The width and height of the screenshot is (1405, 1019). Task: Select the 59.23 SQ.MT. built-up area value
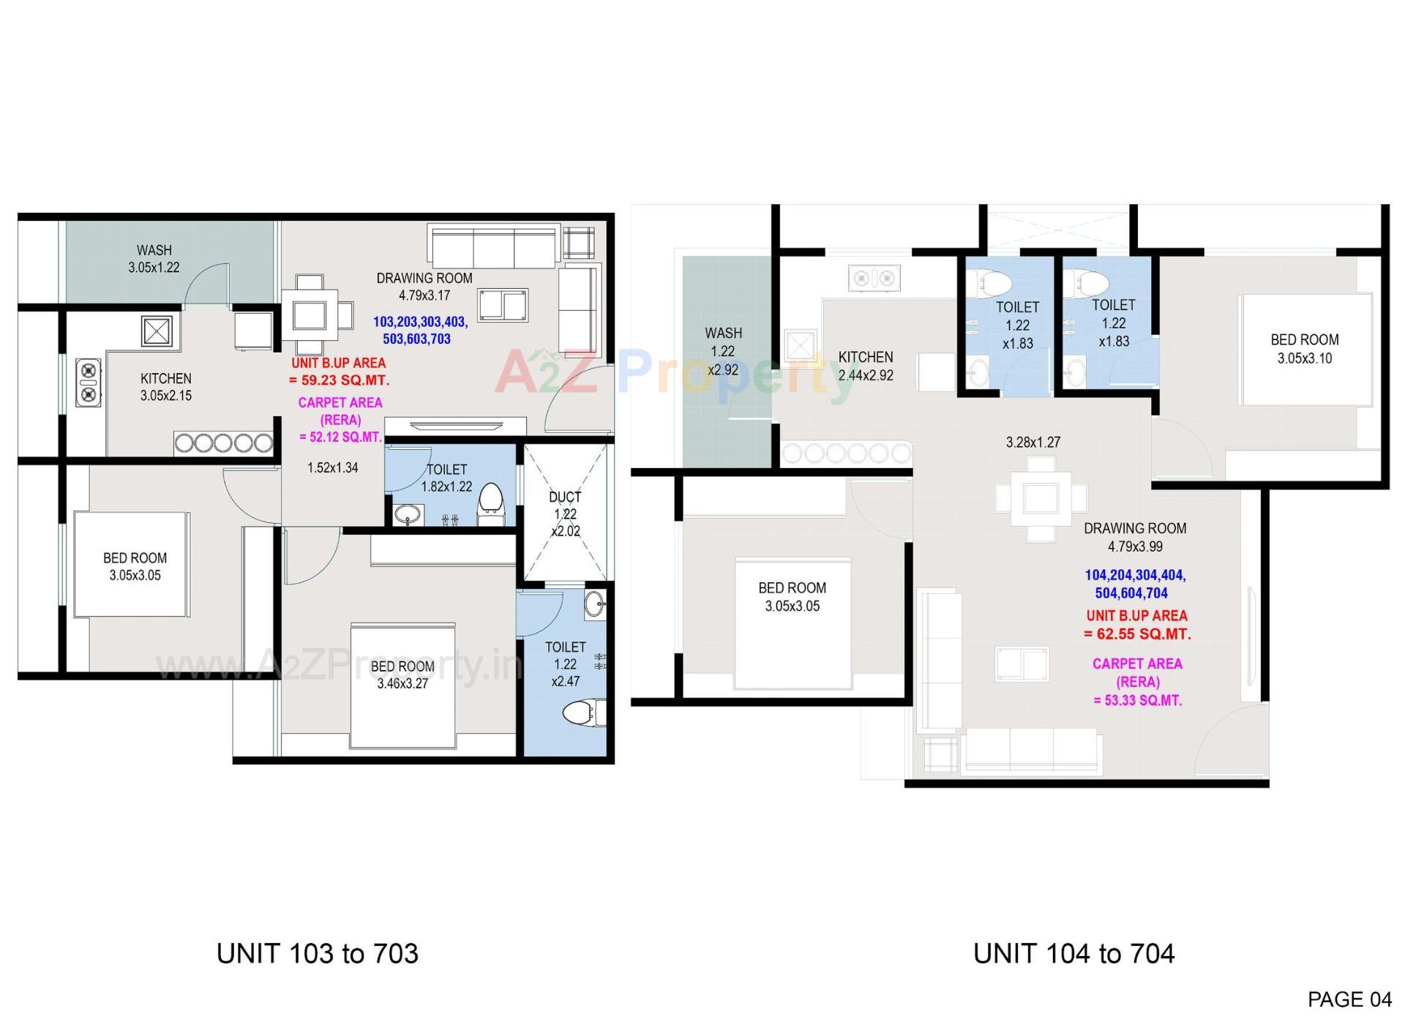pos(340,380)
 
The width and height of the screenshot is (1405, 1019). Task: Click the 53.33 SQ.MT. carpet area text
pos(1138,700)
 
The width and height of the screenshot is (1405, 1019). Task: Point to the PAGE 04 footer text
pos(1349,999)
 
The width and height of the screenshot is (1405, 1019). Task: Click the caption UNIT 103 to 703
pos(318,954)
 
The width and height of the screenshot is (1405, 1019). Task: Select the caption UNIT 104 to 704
pos(1074,954)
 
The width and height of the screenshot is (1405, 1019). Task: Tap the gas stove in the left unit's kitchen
pos(89,383)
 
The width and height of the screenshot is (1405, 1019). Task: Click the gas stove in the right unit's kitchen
pos(874,278)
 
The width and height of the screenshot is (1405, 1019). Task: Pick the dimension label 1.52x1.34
pos(333,468)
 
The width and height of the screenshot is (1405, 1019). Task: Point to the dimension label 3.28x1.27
pos(1033,443)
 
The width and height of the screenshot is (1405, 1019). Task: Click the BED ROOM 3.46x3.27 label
pos(402,675)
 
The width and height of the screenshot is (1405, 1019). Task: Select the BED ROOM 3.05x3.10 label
pos(1304,349)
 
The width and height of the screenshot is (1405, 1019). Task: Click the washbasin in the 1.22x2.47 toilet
pos(594,604)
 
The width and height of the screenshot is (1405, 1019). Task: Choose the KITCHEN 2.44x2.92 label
pos(866,366)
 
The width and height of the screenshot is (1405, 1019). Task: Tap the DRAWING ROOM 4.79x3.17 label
pos(424,287)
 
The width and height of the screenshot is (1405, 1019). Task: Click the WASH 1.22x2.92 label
pos(723,351)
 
